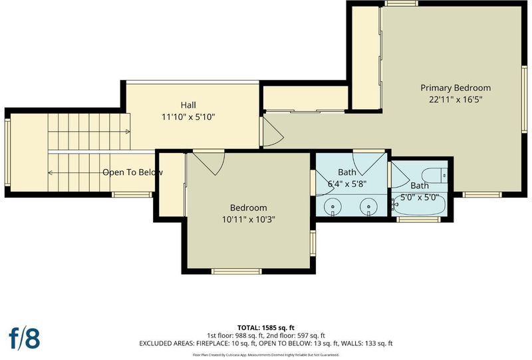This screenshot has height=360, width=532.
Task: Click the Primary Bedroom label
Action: click(456, 88)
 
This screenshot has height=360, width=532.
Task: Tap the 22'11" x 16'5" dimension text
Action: click(456, 100)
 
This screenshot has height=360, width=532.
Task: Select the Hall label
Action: click(188, 105)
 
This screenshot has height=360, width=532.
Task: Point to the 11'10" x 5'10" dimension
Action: click(188, 117)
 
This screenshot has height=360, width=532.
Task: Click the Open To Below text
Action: click(132, 172)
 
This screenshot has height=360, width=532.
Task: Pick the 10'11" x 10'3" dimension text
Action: click(248, 220)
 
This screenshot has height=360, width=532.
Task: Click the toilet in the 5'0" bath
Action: click(435, 175)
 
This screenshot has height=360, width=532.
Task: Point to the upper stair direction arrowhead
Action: click(128, 132)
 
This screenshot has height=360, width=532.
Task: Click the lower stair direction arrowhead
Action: click(50, 173)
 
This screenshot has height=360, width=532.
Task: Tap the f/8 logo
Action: click(24, 338)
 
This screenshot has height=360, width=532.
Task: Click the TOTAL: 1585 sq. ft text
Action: click(265, 328)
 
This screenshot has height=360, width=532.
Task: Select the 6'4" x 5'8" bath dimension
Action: click(346, 184)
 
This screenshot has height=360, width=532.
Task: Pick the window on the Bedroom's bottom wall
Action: click(237, 271)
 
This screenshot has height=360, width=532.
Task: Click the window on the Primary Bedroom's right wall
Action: click(524, 99)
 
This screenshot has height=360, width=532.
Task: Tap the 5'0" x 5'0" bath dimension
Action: click(420, 198)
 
